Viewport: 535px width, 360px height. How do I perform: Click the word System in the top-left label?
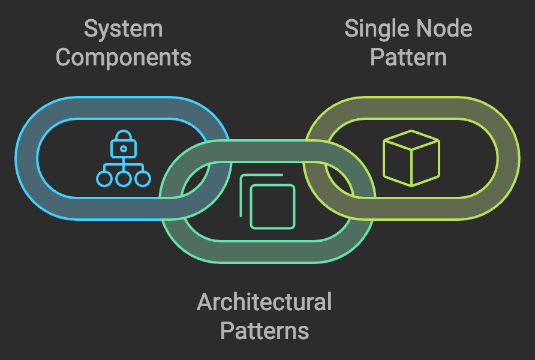pyautogui.click(x=123, y=29)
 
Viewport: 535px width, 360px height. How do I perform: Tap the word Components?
pyautogui.click(x=123, y=58)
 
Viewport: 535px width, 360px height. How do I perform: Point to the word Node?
pyautogui.click(x=444, y=29)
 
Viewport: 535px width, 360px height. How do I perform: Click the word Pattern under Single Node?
pyautogui.click(x=408, y=58)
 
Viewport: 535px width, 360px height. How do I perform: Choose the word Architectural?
pyautogui.click(x=264, y=302)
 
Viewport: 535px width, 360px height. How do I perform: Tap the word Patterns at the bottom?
pyautogui.click(x=264, y=331)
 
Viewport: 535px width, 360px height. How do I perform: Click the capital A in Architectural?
pyautogui.click(x=204, y=302)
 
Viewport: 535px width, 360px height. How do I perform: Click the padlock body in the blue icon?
pyautogui.click(x=124, y=148)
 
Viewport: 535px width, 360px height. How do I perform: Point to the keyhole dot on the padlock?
pyautogui.click(x=124, y=148)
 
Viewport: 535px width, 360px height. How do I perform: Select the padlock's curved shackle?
pyautogui.click(x=124, y=134)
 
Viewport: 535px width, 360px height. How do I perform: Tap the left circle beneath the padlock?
pyautogui.click(x=104, y=178)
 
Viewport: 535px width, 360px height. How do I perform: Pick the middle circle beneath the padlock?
pyautogui.click(x=124, y=178)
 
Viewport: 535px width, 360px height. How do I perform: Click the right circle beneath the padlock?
pyautogui.click(x=143, y=178)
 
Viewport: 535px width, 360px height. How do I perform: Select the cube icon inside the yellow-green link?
pyautogui.click(x=411, y=157)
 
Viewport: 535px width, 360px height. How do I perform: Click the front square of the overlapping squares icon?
pyautogui.click(x=273, y=206)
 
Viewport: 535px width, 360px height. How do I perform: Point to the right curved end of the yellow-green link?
pyautogui.click(x=509, y=157)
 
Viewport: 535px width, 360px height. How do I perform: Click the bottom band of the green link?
pyautogui.click(x=267, y=251)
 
